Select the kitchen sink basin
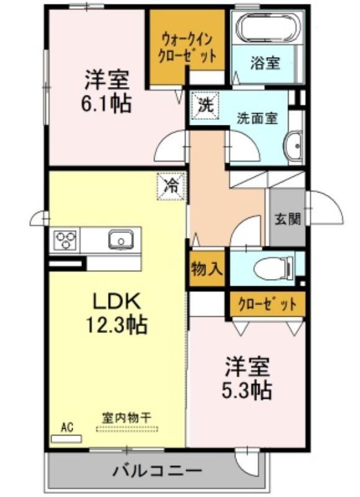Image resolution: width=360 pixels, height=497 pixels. pyautogui.click(x=120, y=240)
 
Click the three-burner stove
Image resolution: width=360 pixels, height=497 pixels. pyautogui.click(x=65, y=240)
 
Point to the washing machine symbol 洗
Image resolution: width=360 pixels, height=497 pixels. pyautogui.click(x=205, y=105)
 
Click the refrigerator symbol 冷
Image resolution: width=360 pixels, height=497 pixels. pyautogui.click(x=171, y=186)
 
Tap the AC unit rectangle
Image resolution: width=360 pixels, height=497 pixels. pyautogui.click(x=66, y=439)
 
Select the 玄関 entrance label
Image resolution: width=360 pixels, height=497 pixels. pyautogui.click(x=287, y=219)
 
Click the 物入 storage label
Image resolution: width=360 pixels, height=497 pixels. pyautogui.click(x=207, y=269)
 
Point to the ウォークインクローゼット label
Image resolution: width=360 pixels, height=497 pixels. pyautogui.click(x=187, y=49)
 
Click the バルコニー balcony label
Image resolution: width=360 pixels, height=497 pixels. pyautogui.click(x=158, y=470)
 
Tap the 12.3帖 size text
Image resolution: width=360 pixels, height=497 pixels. pyautogui.click(x=117, y=324)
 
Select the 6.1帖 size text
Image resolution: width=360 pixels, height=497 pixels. pyautogui.click(x=106, y=104)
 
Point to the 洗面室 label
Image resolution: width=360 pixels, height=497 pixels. pyautogui.click(x=258, y=118)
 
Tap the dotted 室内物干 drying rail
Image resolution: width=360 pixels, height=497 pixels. pyautogui.click(x=127, y=429)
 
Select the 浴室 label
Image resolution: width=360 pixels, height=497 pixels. pyautogui.click(x=265, y=63)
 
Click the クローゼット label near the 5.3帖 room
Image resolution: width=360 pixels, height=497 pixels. pyautogui.click(x=268, y=304)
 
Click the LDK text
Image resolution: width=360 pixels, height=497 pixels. pyautogui.click(x=116, y=301)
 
